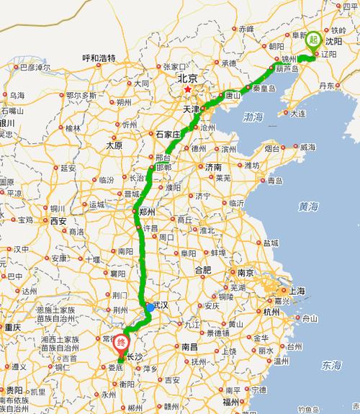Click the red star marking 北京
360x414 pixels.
pos(188,90)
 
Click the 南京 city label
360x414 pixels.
pos(246,273)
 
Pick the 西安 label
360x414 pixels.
pos(59,221)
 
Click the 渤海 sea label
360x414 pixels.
pos(253,116)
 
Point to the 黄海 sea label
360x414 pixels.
pos(309,207)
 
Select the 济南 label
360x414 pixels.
pos(214,166)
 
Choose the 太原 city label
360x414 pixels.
pos(114,145)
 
